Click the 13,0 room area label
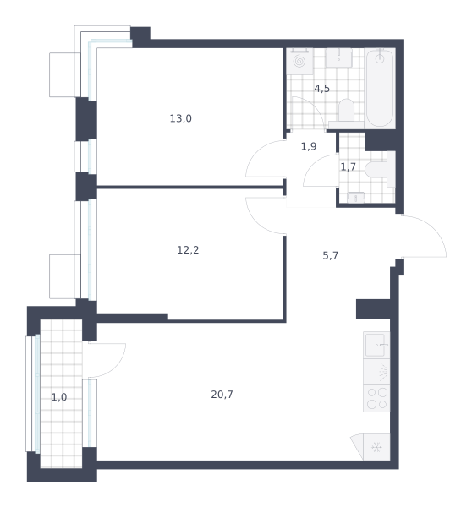181,118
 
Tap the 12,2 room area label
188,250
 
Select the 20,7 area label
222,395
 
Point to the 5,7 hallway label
330,256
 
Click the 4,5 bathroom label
321,88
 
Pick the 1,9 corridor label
309,146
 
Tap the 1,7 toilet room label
348,166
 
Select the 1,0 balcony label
59,397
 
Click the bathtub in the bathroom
380,88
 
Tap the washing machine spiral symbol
299,62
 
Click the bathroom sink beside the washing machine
338,58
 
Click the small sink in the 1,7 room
356,197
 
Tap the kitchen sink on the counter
376,345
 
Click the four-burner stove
376,398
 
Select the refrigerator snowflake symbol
376,448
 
